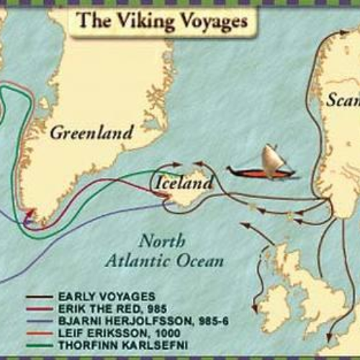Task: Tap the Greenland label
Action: [91, 132]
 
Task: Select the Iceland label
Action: [184, 184]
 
